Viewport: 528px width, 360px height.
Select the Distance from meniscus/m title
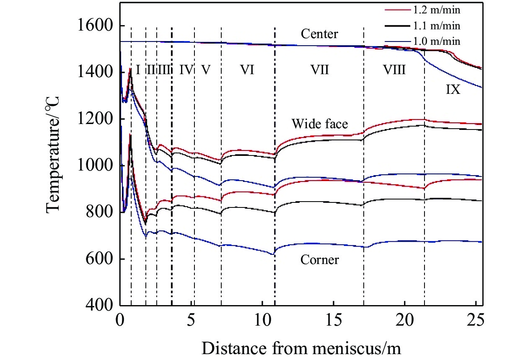tap(301, 347)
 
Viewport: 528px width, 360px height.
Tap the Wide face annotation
tap(320, 124)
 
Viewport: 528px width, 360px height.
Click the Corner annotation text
tap(320, 260)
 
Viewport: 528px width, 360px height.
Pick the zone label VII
tap(319, 70)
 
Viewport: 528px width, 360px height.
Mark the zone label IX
tap(453, 90)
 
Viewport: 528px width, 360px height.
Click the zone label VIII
tap(394, 70)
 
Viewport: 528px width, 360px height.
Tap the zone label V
tap(205, 70)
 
